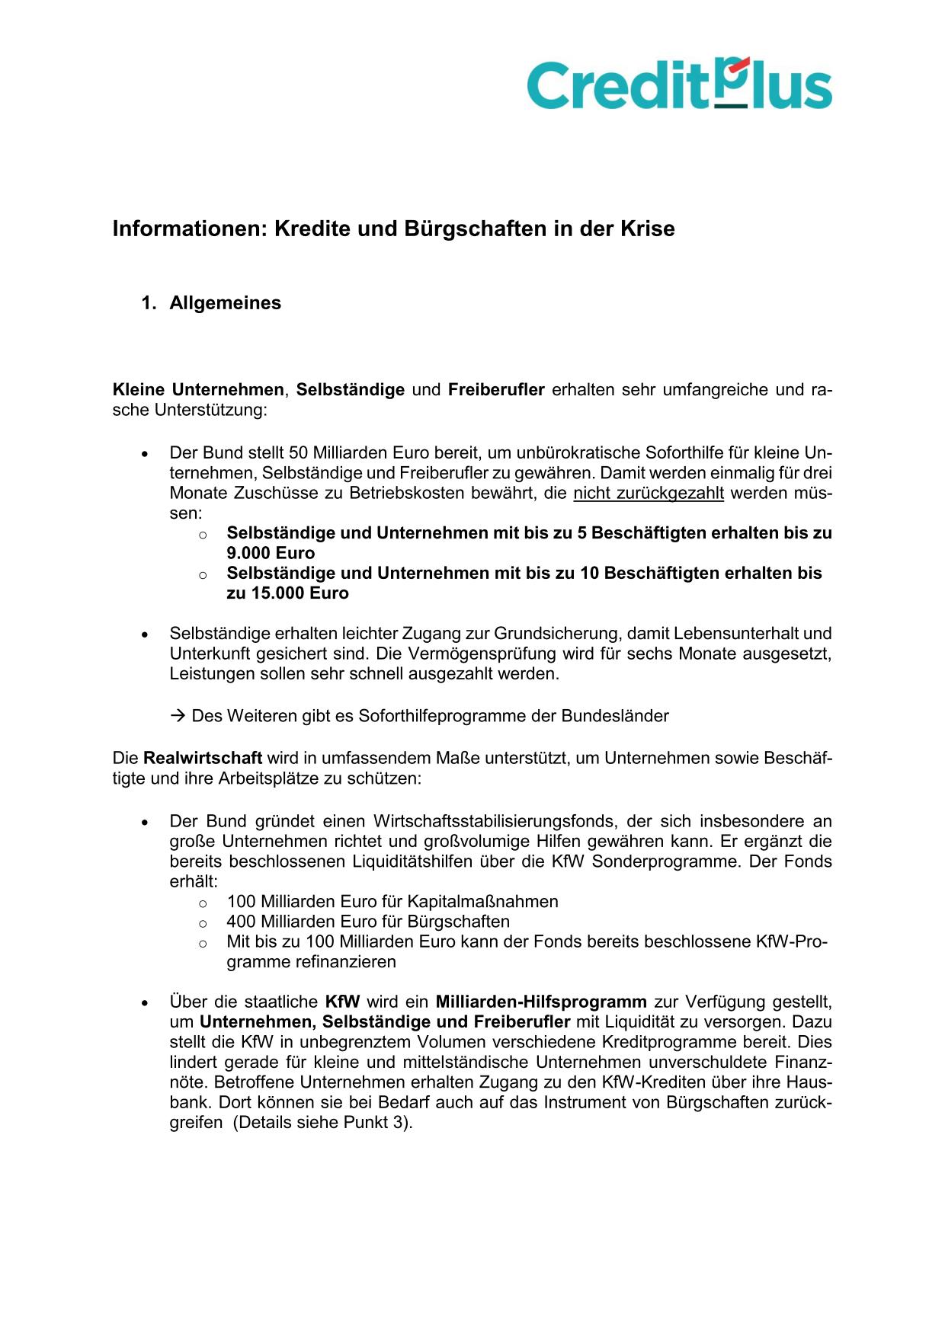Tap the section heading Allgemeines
pos(225,303)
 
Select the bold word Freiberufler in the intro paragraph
pos(496,390)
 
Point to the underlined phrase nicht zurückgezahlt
pos(649,493)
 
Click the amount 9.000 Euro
pos(271,553)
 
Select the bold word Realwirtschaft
pos(203,759)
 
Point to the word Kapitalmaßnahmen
pos(482,902)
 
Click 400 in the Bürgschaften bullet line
pos(241,922)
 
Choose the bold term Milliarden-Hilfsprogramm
pos(541,1002)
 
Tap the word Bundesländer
pos(615,716)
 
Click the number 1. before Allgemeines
pos(148,303)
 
